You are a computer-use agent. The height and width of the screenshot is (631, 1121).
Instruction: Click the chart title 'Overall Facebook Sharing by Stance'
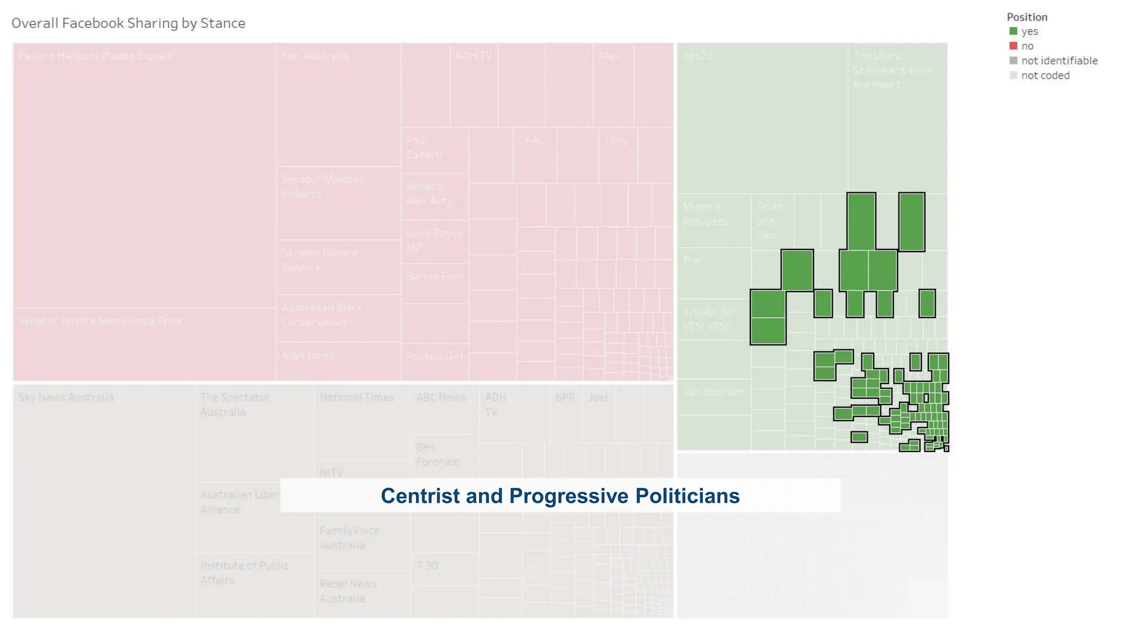coord(128,23)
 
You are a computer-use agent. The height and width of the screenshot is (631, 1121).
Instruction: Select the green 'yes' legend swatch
coord(1013,31)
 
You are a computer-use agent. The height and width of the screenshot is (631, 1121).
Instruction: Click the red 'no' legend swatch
coord(1013,46)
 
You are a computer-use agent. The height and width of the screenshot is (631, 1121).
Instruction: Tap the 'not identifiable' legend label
coord(1059,61)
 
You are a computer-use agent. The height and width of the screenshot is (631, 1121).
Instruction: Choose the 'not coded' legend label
coord(1045,76)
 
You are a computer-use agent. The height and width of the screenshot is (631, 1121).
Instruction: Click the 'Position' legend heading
coord(1027,17)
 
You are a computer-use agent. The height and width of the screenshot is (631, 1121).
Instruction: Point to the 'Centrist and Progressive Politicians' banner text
coord(560,496)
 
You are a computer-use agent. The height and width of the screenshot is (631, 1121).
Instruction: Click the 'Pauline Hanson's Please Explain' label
coord(96,56)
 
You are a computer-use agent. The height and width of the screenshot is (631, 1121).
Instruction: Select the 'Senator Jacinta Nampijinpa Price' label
coord(100,321)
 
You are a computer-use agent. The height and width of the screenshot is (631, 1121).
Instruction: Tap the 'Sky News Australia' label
coord(66,397)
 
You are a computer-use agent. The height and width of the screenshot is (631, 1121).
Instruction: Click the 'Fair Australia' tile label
coord(315,56)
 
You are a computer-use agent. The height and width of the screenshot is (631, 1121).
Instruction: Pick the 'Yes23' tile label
coord(697,56)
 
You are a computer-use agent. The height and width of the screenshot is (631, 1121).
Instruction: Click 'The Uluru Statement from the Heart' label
coord(891,70)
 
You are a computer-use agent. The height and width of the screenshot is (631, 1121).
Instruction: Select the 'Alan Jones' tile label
coord(308,355)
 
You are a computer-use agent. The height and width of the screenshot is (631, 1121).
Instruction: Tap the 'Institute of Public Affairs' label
coord(244,572)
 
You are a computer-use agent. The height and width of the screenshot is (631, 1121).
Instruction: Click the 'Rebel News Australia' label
coord(348,591)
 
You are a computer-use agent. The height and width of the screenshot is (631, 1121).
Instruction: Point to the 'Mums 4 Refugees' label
coord(705,214)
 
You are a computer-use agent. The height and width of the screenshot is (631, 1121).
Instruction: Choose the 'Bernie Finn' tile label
coord(434,277)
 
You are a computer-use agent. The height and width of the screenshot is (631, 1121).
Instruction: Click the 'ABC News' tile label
coord(441,397)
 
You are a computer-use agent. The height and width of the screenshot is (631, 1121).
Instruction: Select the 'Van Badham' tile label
coord(713,392)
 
